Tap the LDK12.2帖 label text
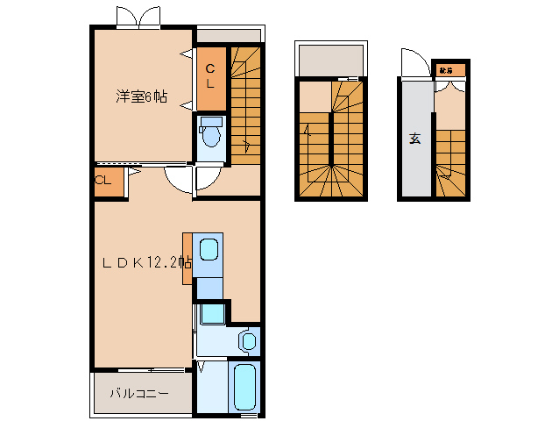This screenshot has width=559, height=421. [144, 262]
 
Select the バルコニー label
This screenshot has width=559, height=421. [138, 394]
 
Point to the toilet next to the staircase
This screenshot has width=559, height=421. [210, 135]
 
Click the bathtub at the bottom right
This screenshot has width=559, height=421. [244, 387]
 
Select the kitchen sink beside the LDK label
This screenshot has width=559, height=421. [208, 251]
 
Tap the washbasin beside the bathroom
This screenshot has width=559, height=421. [248, 340]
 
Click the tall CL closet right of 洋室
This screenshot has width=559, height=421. [210, 75]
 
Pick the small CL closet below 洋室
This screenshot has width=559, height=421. [102, 182]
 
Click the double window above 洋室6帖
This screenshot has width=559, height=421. [139, 18]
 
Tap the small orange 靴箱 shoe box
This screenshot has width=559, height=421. [446, 69]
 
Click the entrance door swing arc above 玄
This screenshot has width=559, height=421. [413, 64]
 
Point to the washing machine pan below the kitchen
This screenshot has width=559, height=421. [211, 314]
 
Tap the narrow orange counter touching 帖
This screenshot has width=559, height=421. [187, 258]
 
